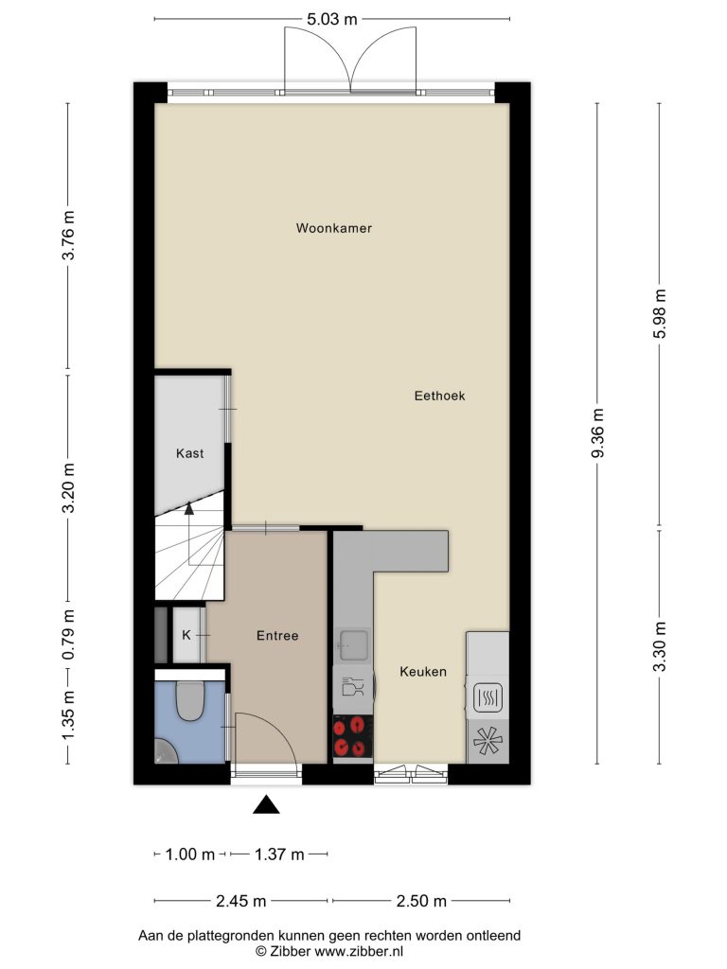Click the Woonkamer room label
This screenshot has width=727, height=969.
click(x=334, y=228)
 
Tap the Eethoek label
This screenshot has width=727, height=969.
click(x=439, y=396)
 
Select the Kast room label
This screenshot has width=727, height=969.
click(x=189, y=453)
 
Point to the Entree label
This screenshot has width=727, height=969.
click(x=277, y=635)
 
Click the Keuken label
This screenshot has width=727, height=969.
click(x=423, y=672)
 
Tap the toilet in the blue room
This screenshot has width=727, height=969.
click(x=189, y=700)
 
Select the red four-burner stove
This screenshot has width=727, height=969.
click(x=353, y=736)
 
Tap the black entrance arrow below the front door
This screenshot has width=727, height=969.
click(x=266, y=804)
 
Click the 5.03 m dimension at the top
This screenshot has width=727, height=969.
click(x=332, y=19)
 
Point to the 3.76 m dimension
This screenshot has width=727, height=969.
click(x=68, y=236)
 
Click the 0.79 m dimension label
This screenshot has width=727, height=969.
click(x=68, y=634)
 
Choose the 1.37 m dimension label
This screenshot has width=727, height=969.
click(x=279, y=854)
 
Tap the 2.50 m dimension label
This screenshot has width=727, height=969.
click(x=421, y=901)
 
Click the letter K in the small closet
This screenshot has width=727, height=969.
click(x=186, y=635)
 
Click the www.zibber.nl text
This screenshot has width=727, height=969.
click(x=359, y=952)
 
